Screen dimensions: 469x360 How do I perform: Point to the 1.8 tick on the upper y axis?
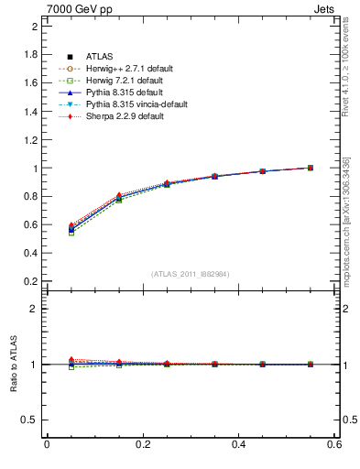[x=29, y=54]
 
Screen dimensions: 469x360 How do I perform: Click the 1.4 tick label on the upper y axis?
[x=29, y=111]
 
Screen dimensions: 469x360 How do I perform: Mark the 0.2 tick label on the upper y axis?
[x=29, y=281]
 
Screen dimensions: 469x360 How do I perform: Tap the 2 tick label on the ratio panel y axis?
[x=34, y=309]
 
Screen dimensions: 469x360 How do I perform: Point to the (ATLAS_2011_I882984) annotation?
[x=191, y=274]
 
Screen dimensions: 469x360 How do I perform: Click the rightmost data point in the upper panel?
[x=311, y=168]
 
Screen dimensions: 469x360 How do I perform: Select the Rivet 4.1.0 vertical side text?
[x=348, y=64]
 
